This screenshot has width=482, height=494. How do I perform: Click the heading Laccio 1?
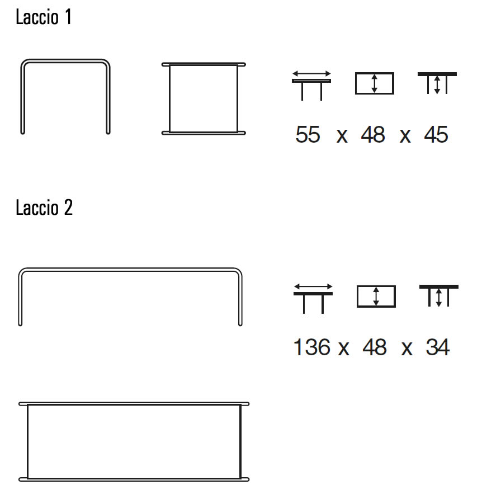pyautogui.click(x=44, y=17)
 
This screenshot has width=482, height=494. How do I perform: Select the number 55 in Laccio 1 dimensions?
pyautogui.click(x=308, y=135)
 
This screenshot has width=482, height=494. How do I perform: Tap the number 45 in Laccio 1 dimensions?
pyautogui.click(x=436, y=135)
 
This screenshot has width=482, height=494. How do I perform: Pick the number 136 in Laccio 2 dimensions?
pyautogui.click(x=312, y=347)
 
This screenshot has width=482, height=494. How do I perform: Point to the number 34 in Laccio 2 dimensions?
pyautogui.click(x=437, y=347)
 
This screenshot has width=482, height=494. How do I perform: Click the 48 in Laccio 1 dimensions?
pyautogui.click(x=373, y=135)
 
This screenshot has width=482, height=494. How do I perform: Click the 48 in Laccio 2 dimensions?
pyautogui.click(x=375, y=347)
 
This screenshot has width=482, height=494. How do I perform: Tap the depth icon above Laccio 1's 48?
pyautogui.click(x=375, y=83)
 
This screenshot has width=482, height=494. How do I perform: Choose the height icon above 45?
pyautogui.click(x=437, y=83)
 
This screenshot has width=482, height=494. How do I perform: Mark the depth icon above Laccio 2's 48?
pyautogui.click(x=376, y=296)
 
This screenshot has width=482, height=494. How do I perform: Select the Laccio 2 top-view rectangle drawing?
pyautogui.click(x=134, y=441)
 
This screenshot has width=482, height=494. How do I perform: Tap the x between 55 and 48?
pyautogui.click(x=342, y=136)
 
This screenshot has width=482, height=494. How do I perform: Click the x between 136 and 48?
pyautogui.click(x=343, y=349)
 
